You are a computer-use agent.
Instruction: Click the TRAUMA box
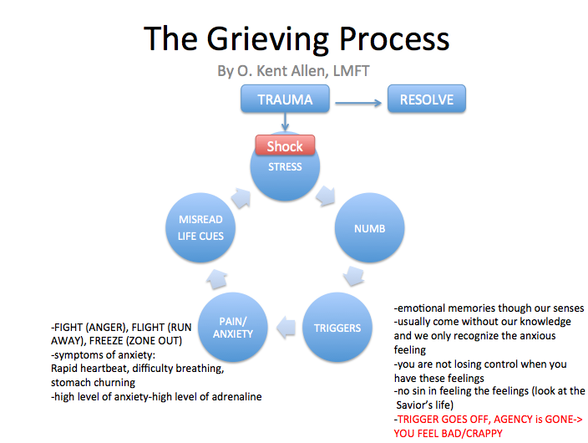pos(285,100)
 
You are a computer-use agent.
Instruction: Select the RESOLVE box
pos(426,100)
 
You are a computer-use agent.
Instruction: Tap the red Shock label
pos(285,146)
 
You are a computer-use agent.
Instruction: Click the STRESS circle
pos(285,171)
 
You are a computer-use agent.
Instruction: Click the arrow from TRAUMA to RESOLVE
pos(360,103)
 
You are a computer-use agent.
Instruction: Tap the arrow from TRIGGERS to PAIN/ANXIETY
pos(285,327)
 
